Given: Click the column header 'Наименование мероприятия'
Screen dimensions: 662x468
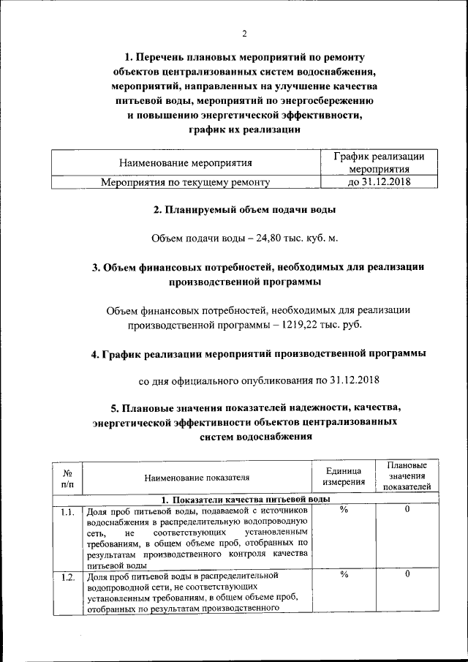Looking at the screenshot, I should click(185, 162).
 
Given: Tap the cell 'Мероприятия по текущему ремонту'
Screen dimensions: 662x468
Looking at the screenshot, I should click(185, 182).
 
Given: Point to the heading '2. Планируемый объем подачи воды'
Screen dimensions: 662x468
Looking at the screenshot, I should click(244, 210).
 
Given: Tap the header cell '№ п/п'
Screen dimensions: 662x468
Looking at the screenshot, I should click(68, 478).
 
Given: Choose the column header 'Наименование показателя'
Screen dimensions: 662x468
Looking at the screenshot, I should click(192, 478).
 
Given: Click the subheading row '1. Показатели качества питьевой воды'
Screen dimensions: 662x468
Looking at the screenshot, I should click(244, 499).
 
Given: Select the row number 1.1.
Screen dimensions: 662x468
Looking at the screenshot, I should click(68, 511).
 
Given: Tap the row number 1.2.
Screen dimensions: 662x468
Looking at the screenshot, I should click(68, 576).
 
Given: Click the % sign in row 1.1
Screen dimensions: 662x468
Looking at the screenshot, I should click(343, 511).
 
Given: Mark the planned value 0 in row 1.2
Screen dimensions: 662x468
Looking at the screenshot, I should click(407, 575).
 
